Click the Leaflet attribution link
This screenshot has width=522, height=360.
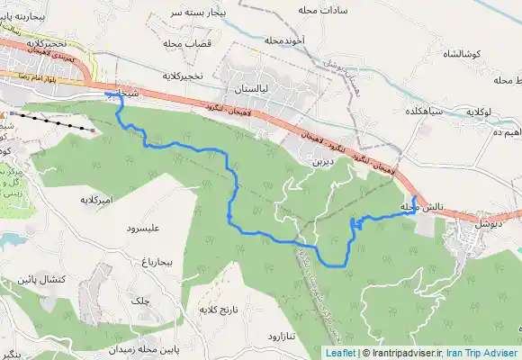click(x=339, y=354)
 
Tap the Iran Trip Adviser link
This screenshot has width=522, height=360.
click(x=485, y=354)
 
